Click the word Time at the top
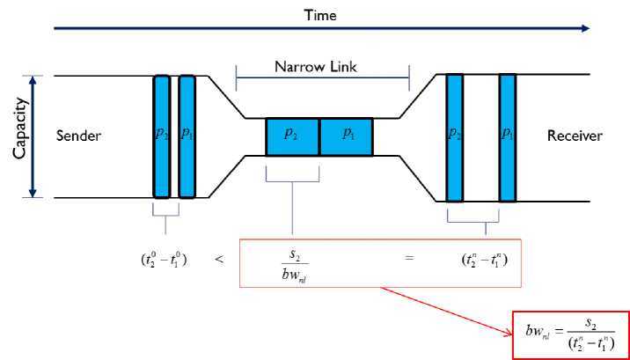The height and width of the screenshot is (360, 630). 320,15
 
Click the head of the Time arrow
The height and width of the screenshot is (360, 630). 585,28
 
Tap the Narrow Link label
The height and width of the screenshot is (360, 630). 315,67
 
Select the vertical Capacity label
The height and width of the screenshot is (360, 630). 19,129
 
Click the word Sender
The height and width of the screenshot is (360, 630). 78,136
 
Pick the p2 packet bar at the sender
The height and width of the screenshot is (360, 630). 162,136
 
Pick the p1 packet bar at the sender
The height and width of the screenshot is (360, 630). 187,136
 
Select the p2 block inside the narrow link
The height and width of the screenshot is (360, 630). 292,136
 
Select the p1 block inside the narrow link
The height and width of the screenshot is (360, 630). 347,136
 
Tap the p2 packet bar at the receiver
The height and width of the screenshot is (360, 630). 454,137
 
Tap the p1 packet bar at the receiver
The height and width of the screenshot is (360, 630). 508,137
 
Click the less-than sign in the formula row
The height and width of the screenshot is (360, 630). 219,259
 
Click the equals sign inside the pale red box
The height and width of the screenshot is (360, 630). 409,258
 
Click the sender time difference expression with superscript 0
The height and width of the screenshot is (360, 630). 164,261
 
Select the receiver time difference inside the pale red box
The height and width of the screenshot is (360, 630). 485,261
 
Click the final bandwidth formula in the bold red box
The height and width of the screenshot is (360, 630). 570,334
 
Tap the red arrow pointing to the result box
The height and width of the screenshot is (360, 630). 447,311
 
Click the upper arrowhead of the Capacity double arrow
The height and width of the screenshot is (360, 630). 33,80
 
